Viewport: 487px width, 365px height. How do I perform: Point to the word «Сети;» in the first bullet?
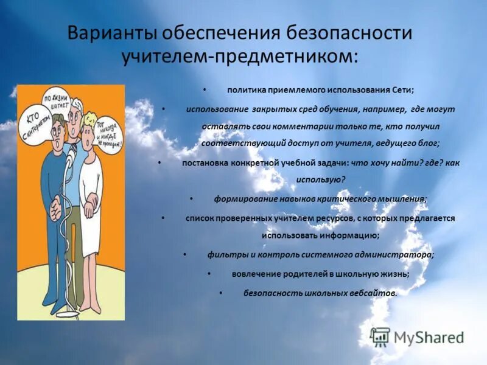click(402, 90)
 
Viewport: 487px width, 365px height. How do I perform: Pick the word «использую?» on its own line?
click(320, 179)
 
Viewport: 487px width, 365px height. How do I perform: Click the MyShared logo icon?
click(380, 336)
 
